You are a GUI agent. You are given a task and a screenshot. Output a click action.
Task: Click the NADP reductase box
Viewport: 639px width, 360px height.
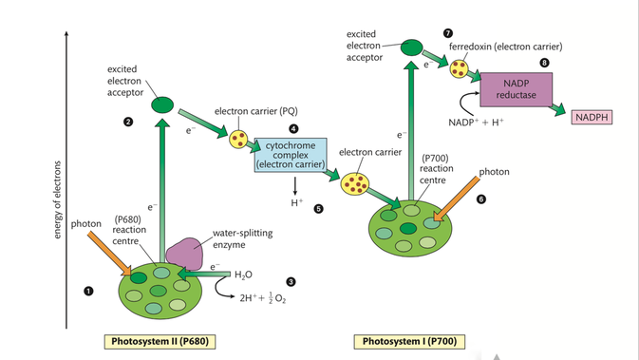pos(516,89)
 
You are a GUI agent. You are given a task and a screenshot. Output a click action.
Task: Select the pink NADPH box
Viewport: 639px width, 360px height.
pos(592,118)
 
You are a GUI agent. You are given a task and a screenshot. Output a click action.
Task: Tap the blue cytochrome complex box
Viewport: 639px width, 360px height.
pos(291,155)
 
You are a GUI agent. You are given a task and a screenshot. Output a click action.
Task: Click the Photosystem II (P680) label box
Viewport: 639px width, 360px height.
pos(160,342)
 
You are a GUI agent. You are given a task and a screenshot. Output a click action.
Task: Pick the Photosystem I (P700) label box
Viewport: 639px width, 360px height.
pos(409,342)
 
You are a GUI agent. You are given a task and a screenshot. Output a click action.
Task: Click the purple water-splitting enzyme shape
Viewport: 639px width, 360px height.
pos(184,254)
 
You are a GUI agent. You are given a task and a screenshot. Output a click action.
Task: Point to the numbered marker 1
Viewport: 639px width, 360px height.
pos(88,291)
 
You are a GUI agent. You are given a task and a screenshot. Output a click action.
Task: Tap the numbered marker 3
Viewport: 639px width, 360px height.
pos(291,282)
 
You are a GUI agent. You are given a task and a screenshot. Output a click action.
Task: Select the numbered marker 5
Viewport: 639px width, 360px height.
pos(318,209)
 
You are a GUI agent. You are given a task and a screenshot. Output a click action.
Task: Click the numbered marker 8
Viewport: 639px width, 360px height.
pos(544,63)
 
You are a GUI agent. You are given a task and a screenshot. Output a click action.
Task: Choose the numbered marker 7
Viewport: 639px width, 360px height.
pos(448,33)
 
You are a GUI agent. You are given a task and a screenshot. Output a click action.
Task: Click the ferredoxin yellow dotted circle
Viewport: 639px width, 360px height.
pos(459,68)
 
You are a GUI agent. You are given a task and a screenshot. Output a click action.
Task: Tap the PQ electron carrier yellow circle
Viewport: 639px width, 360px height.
pos(238,139)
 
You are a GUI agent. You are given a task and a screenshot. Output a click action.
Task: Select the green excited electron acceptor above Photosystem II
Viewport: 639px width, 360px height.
pos(162,104)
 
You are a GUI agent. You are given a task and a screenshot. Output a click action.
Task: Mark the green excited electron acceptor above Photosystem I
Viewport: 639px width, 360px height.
pos(412,47)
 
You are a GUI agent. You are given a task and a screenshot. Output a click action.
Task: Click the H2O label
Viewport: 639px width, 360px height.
pos(243,275)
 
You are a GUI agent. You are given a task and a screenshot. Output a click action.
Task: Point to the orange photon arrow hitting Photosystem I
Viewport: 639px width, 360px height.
pos(456,199)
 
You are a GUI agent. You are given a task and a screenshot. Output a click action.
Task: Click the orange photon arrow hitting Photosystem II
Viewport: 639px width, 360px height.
pos(109,254)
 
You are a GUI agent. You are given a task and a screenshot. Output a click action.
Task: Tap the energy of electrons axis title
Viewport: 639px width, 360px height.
pos(57,199)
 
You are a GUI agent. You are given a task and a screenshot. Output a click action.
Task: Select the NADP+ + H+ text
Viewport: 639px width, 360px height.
pos(476,123)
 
